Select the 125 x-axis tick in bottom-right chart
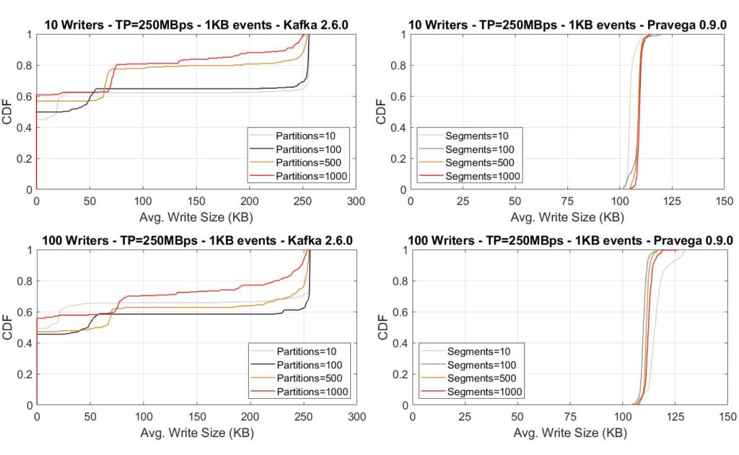tap(675, 418)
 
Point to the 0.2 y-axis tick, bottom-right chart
tap(400, 374)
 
